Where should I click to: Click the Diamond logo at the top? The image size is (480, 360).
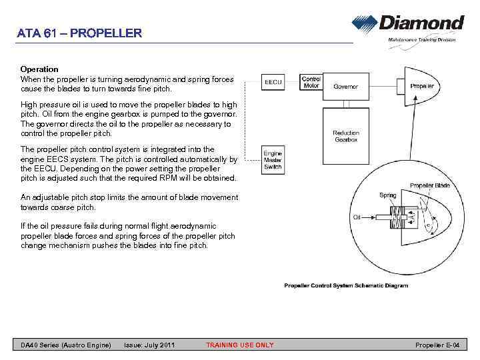coord(407,25)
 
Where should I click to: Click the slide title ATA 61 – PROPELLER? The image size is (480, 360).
coord(80,33)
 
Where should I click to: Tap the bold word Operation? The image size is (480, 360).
coord(39,69)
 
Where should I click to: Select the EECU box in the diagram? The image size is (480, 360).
coord(273,82)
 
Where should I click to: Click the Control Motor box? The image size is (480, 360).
coord(311,82)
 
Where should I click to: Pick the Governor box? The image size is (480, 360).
coord(346,87)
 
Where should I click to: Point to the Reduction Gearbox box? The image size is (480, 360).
coord(346,136)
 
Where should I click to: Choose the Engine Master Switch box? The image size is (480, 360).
coord(273,161)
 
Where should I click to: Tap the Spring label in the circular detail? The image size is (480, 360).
coord(387,195)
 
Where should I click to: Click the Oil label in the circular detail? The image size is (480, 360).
coord(357,217)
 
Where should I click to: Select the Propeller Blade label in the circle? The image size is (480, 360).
coord(429,185)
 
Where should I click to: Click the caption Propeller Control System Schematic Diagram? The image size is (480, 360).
coord(345,285)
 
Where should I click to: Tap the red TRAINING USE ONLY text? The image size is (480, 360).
coord(239,345)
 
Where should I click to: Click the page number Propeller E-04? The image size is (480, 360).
coord(438,345)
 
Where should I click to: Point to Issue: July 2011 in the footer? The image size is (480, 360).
coord(149,345)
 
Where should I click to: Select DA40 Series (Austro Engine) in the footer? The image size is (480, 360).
coord(65,345)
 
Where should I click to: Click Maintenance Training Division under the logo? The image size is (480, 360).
coord(421,40)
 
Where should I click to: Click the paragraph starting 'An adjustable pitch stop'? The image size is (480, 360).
coord(129,202)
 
